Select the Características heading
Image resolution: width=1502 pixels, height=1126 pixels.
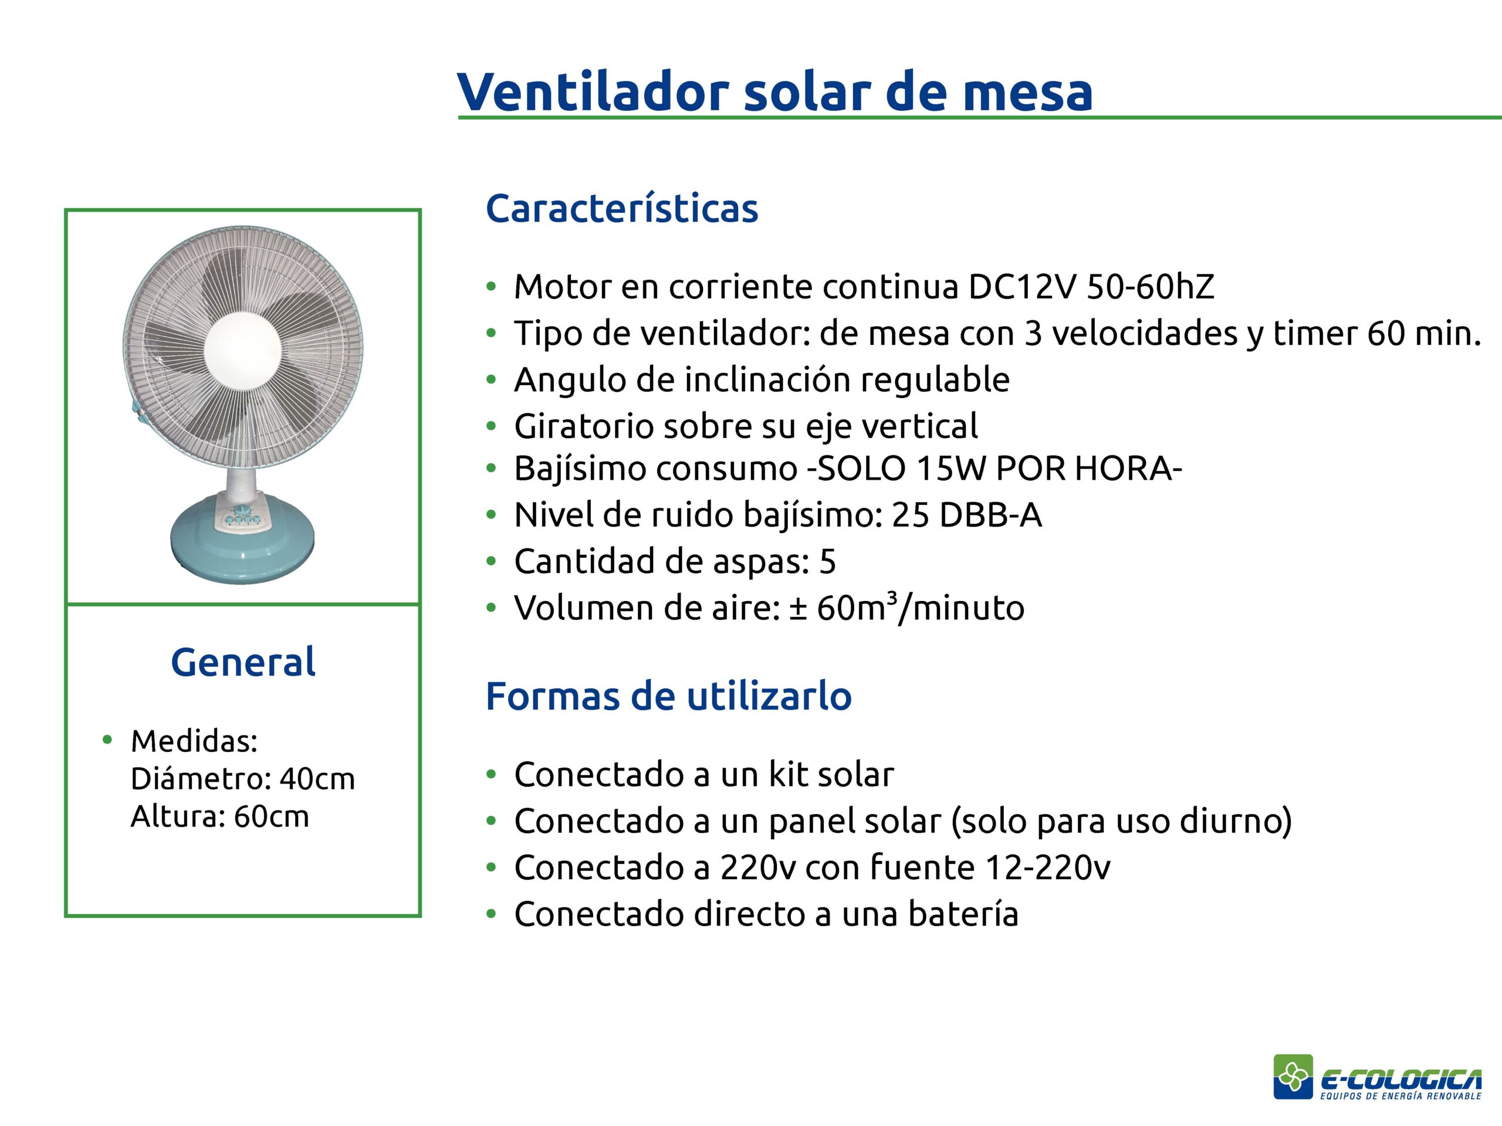[622, 208]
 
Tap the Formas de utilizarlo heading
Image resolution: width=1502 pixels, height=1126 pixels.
[669, 696]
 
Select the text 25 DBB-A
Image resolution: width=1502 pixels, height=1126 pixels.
[967, 515]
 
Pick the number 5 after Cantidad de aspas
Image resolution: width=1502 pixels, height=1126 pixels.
[828, 562]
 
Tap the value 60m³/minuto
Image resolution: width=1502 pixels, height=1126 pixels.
[921, 608]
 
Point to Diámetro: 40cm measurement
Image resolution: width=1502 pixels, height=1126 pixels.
[242, 779]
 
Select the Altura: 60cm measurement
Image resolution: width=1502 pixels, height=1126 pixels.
[219, 816]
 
